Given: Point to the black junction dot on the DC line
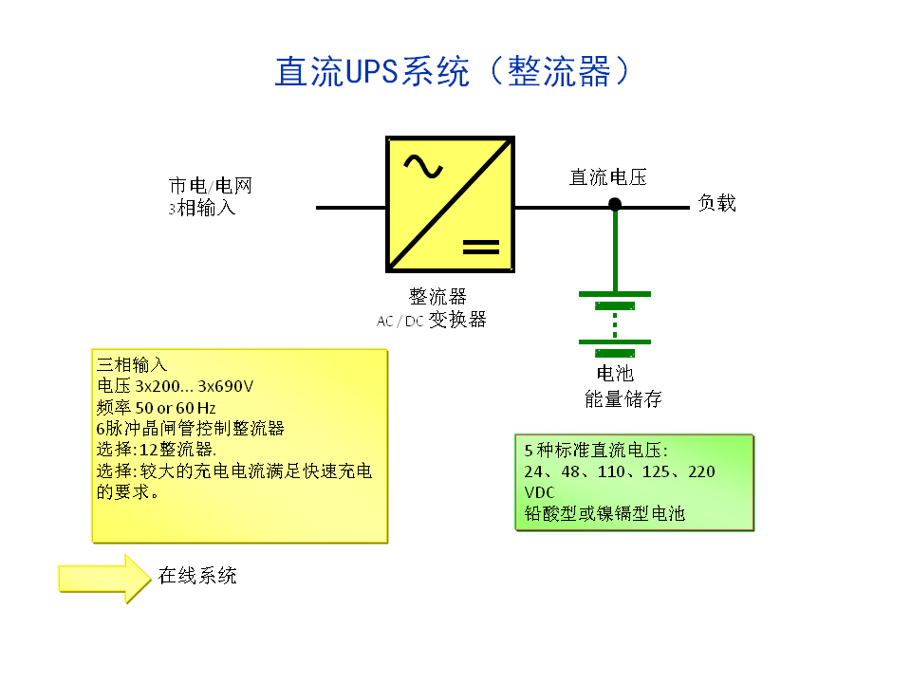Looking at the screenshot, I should point(615,204).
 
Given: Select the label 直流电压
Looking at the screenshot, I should point(607,177).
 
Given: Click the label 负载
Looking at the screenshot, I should point(717,203).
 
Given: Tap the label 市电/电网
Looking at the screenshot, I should point(211,186).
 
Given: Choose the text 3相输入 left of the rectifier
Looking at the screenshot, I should point(202,208).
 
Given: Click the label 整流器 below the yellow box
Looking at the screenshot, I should point(437,297).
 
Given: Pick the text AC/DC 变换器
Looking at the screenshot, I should point(432,321).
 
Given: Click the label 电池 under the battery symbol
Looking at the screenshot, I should point(615,374).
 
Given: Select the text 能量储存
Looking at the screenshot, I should point(623,399).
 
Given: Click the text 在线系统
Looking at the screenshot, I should point(197,575).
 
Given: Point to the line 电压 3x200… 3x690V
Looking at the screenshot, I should point(176,386).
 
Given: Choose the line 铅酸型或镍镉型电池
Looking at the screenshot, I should point(604,514).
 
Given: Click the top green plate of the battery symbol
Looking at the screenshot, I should point(615,294).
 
